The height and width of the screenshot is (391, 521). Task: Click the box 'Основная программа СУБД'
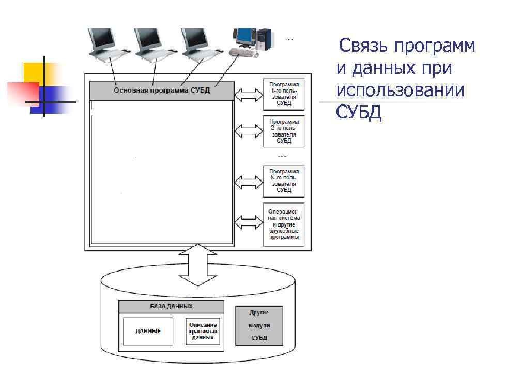[x=161, y=91]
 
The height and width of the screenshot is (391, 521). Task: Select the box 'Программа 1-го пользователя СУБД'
[x=284, y=94]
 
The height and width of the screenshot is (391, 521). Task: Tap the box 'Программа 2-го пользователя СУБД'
[x=284, y=131]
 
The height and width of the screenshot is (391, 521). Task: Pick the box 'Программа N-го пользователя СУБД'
[x=284, y=181]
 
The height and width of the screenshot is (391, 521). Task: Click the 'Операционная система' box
[x=284, y=224]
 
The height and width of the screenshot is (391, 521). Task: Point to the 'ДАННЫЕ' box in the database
[x=148, y=331]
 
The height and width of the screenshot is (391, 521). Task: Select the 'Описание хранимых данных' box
[x=202, y=331]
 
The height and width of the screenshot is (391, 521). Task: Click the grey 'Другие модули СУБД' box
[x=259, y=326]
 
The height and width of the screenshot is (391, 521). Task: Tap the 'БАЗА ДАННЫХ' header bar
[x=172, y=307]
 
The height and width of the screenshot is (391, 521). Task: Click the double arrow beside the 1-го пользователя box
[x=249, y=95]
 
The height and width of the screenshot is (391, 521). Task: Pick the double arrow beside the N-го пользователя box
[x=249, y=182]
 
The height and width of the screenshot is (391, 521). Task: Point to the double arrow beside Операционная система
[x=249, y=223]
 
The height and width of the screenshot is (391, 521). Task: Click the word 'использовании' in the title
[x=400, y=90]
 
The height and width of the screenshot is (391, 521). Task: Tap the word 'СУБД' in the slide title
[x=359, y=112]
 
